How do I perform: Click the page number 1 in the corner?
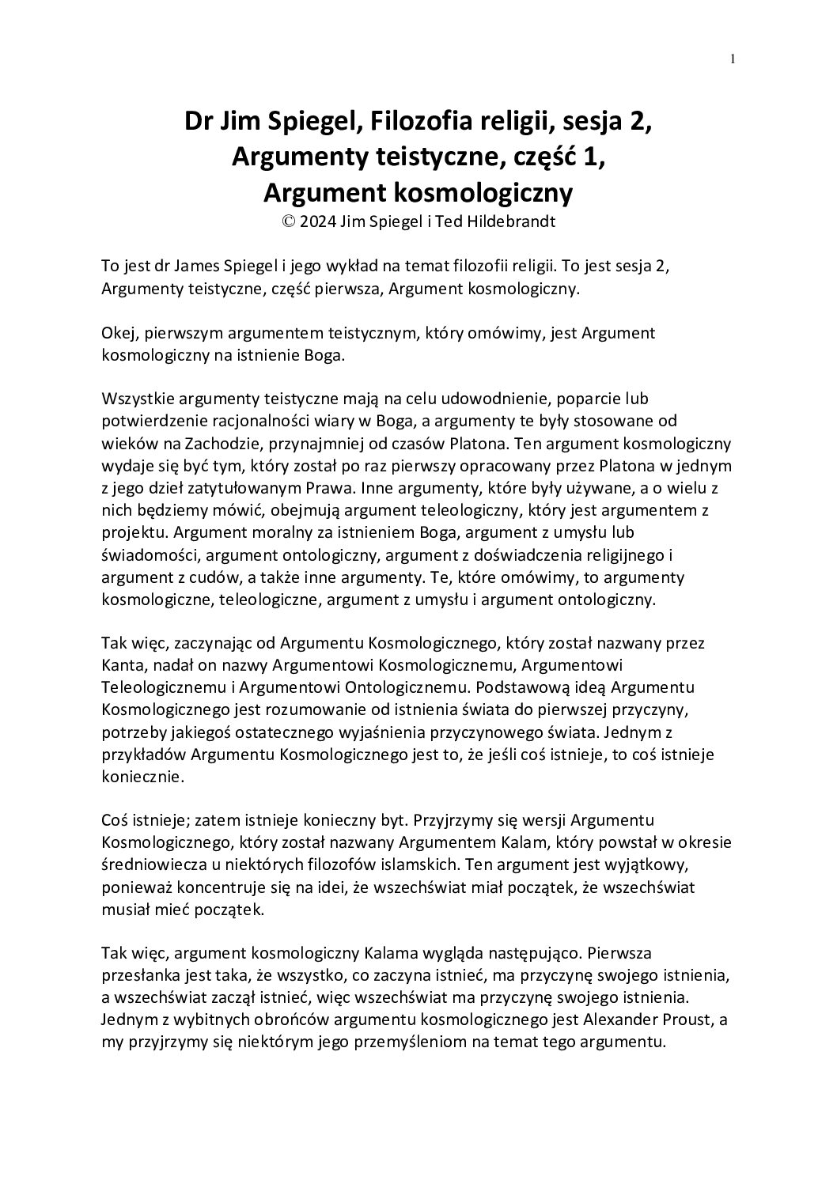point(733,59)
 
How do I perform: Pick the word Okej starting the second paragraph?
point(118,333)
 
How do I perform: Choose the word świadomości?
point(150,555)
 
